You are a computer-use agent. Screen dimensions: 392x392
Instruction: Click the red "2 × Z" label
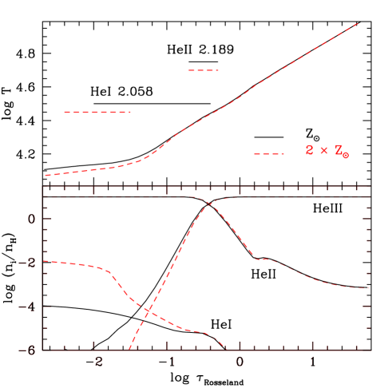coord(327,151)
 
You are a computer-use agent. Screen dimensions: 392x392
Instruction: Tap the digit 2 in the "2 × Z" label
coord(309,150)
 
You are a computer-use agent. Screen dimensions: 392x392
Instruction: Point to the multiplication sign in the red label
coord(323,150)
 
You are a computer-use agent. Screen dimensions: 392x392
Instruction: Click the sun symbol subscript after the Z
coord(346,155)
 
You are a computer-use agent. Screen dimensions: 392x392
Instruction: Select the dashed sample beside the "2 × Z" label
coord(268,153)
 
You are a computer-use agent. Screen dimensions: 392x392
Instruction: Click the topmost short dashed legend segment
coord(203,70)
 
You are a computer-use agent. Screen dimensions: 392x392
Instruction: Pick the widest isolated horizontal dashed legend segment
coord(97,112)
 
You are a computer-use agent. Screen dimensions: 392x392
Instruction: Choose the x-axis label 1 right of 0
coord(311,362)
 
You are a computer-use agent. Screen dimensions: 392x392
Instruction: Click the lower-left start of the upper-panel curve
coord(46,175)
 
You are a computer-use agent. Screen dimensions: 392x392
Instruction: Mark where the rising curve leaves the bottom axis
coord(129,349)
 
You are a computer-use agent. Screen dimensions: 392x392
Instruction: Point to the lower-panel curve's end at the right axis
coord(367,287)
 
